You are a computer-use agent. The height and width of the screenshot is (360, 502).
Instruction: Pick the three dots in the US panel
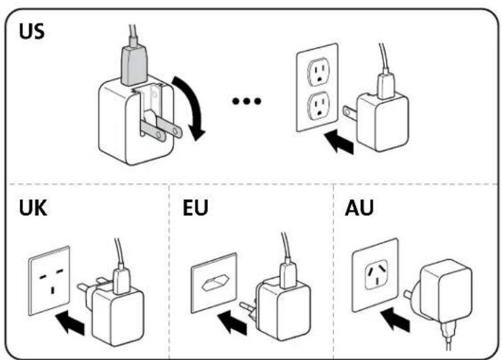(247, 102)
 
